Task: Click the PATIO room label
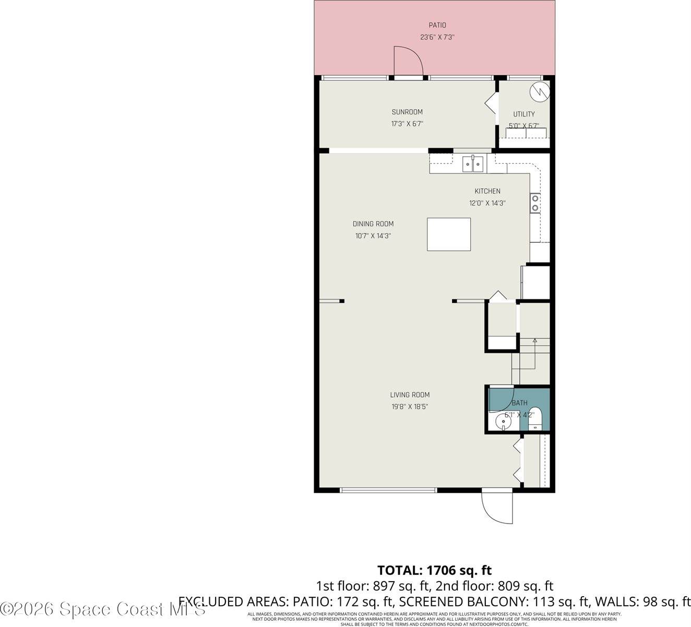pos(437,25)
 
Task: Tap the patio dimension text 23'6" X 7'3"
pos(437,37)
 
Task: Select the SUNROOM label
pos(407,112)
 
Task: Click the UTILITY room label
pos(523,114)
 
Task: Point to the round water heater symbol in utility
pos(539,92)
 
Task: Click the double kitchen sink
pos(473,164)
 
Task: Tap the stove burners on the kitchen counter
pos(535,203)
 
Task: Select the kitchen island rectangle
pos(449,235)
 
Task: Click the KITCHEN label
pos(487,191)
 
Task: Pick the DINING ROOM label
pos(373,224)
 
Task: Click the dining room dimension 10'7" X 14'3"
pos(373,236)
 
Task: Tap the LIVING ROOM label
pos(410,395)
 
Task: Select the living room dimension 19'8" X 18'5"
pos(410,407)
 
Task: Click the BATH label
pos(519,403)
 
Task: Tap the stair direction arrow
pos(534,341)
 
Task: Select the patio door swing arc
pos(408,60)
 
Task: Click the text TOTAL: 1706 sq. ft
pos(434,570)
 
